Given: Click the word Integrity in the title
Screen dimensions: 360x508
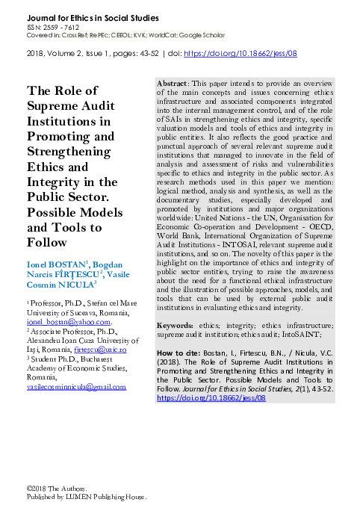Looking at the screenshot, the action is click(55, 182).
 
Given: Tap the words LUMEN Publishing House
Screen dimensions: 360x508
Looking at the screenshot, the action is click(104, 496).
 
